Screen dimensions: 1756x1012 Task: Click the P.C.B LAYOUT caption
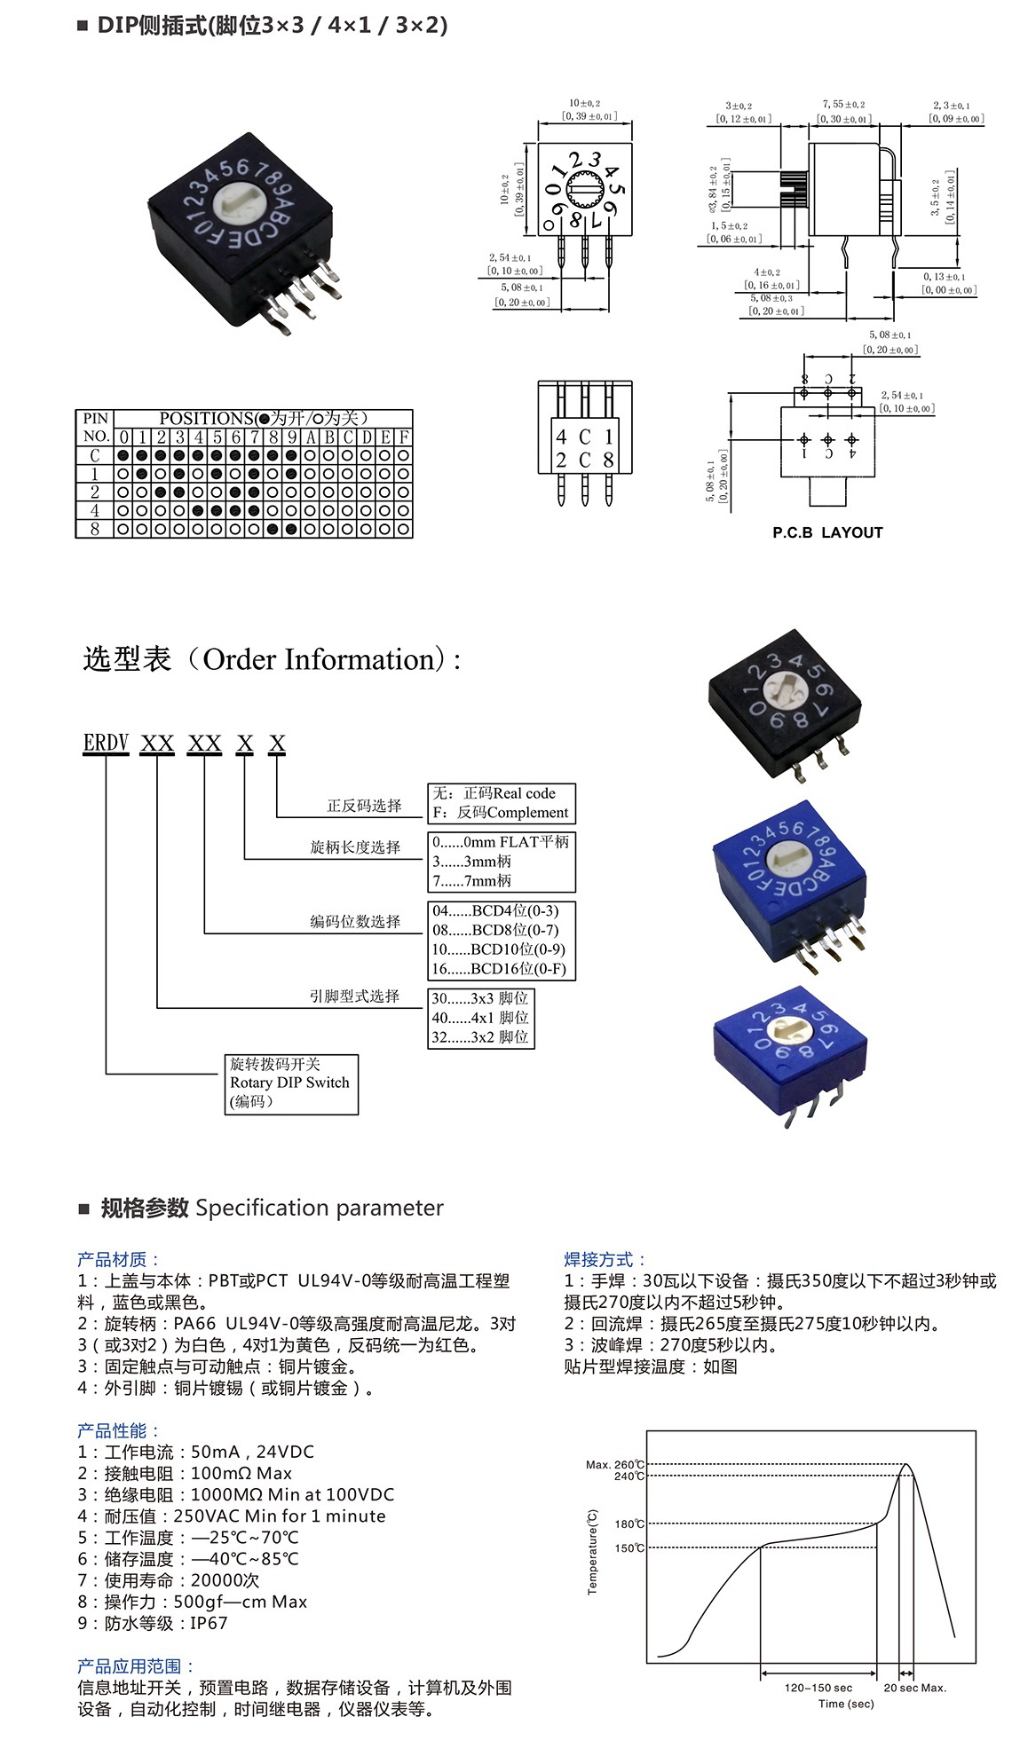[x=827, y=532]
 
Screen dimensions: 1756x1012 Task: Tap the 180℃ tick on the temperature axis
[x=629, y=1524]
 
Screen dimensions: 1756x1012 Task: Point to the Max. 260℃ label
[x=614, y=1464]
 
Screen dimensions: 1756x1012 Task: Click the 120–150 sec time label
[x=818, y=1688]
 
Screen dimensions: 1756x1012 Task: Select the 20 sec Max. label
[x=914, y=1688]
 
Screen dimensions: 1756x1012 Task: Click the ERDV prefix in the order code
[x=106, y=743]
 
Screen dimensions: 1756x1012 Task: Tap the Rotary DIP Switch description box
[x=290, y=1083]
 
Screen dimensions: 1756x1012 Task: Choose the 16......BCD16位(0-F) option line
[x=498, y=969]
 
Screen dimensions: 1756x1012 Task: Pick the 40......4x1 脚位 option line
[x=480, y=1018]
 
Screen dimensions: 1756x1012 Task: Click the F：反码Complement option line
[x=500, y=813]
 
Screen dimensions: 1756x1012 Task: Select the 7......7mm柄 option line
[x=471, y=881]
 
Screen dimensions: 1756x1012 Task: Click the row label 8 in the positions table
[x=95, y=529]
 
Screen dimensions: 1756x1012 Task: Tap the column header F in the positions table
[x=404, y=437]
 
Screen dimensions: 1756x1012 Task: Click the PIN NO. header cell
[x=95, y=428]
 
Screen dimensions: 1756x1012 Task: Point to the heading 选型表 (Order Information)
[x=271, y=659]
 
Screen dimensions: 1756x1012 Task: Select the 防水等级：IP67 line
[x=153, y=1623]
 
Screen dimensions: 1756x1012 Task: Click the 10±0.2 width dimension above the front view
[x=585, y=104]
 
